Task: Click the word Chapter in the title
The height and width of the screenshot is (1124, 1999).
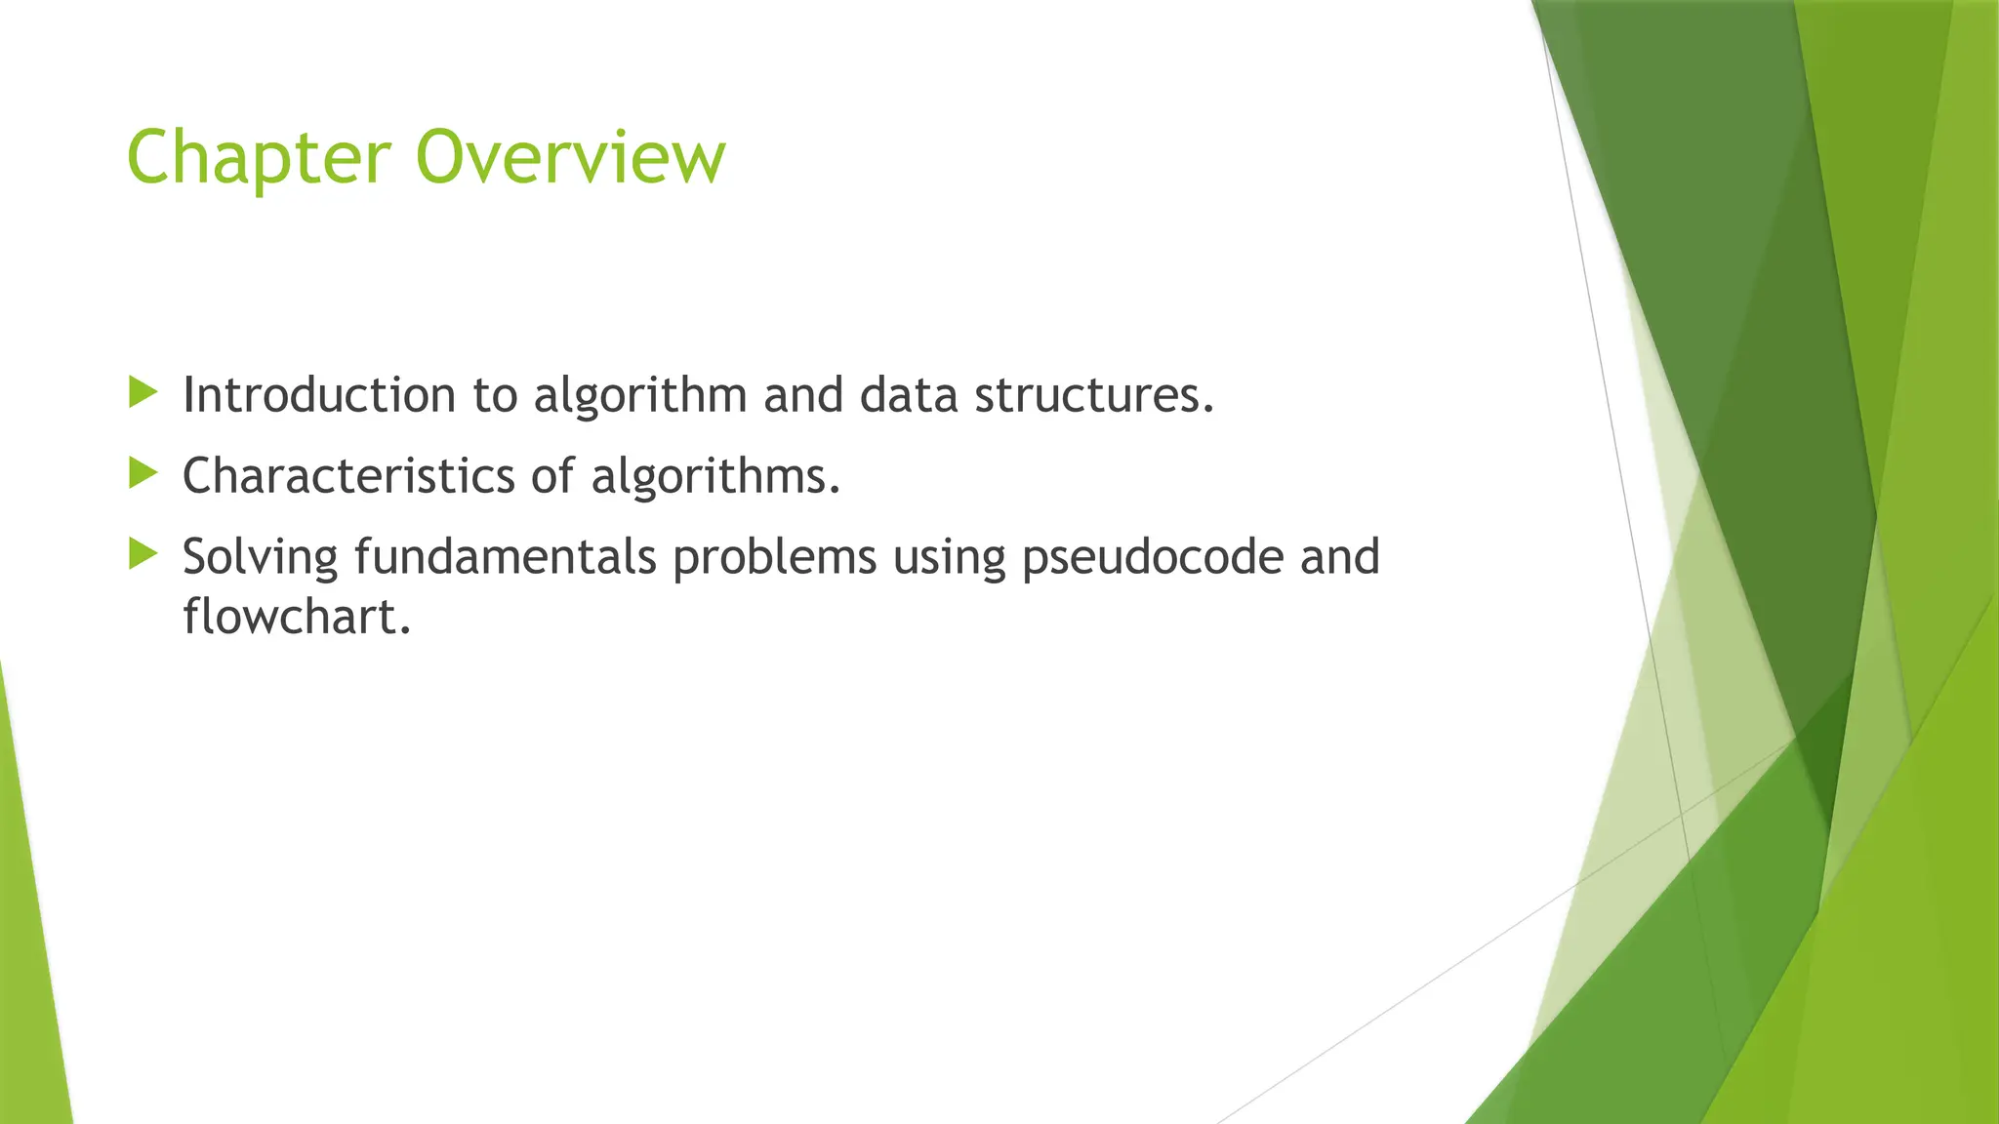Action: (259, 158)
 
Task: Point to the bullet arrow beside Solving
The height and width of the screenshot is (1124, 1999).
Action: (143, 555)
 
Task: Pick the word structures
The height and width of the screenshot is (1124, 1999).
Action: (1093, 395)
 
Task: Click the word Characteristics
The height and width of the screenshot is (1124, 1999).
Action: (348, 476)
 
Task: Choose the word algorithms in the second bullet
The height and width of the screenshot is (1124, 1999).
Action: (714, 478)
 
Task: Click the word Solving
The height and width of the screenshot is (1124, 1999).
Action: (260, 559)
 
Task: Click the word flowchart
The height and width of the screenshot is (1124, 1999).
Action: (296, 617)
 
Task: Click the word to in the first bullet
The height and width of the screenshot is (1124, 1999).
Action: (494, 396)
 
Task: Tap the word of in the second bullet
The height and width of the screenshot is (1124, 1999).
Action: (552, 476)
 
